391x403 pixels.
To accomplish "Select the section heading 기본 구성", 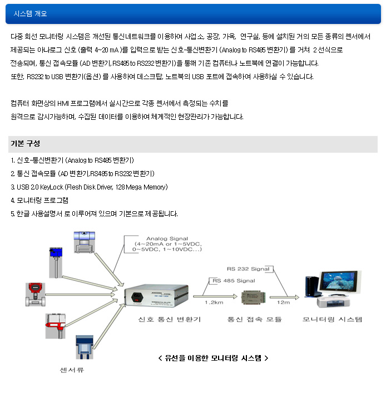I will click(25, 144).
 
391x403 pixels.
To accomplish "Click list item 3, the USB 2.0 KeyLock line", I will click(89, 187).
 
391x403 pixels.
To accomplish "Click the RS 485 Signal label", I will click(234, 281).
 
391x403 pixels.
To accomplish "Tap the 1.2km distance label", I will click(214, 302).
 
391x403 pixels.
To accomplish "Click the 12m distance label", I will click(284, 302).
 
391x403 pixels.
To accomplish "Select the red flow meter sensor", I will click(34, 294).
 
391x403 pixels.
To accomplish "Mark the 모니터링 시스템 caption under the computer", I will click(333, 319).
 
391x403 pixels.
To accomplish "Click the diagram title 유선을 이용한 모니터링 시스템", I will click(213, 358).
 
